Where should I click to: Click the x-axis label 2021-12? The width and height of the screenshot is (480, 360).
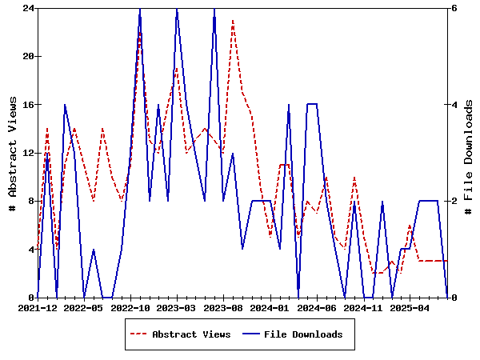tap(38, 307)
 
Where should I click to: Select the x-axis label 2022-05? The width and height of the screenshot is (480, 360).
tap(84, 307)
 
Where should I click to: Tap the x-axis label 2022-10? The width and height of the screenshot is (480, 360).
tap(130, 307)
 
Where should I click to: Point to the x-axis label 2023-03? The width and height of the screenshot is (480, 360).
tap(177, 307)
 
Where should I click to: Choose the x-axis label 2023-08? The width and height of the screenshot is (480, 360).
tap(224, 307)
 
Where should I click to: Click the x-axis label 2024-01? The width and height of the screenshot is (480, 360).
tap(270, 307)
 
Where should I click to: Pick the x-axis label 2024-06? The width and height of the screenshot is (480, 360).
tap(317, 307)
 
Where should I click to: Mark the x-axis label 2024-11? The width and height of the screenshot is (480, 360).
tap(363, 307)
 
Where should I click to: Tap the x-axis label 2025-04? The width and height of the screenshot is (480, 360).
tap(410, 307)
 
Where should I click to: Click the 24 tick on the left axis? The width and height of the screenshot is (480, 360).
tap(27, 8)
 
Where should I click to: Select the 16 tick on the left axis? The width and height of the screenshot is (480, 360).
tap(27, 105)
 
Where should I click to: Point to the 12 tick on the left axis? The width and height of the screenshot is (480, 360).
tap(27, 153)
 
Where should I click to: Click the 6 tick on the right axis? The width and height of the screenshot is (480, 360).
tap(453, 8)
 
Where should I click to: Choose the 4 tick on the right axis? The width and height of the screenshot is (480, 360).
tap(453, 105)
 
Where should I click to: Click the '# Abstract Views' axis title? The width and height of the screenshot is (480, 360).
tap(12, 153)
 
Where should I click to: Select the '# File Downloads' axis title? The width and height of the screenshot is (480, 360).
tap(469, 153)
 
